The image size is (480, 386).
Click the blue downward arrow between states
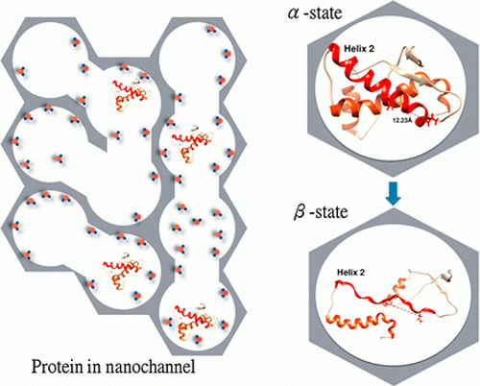(394, 193)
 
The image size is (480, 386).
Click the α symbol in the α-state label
(294, 13)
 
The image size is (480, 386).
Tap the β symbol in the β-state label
(300, 212)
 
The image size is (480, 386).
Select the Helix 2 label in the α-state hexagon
(359, 49)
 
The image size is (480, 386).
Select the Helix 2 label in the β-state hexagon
(350, 273)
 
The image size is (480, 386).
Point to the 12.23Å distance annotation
(402, 120)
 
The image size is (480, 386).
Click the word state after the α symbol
(325, 13)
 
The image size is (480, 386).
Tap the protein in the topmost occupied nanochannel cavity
(132, 93)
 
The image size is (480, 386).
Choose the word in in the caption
(93, 367)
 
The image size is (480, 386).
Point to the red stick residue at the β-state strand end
(420, 318)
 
